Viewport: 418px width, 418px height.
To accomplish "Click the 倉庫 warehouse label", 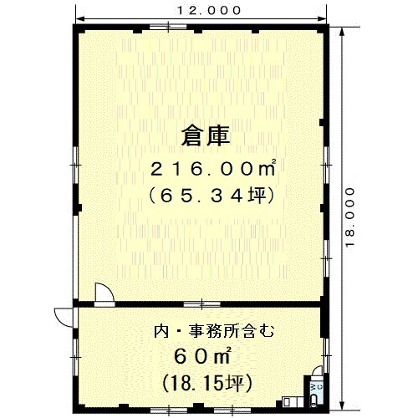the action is click(206, 136).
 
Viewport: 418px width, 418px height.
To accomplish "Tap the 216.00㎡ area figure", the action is click(213, 169).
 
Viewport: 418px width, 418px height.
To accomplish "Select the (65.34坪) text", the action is click(212, 196).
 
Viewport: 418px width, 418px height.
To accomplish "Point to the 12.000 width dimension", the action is click(209, 11).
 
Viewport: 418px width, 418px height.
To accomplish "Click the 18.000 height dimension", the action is click(350, 217).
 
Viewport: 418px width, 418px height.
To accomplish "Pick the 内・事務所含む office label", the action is click(214, 331).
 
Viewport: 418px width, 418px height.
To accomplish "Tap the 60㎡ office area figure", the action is click(202, 356).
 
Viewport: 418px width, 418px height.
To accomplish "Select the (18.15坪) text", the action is click(207, 384).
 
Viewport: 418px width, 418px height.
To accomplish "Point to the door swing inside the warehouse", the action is click(104, 292).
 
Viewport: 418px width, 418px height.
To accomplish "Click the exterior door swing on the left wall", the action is click(64, 317).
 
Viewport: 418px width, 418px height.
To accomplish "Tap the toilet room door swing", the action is click(317, 371).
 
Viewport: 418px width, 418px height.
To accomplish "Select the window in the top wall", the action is click(168, 27).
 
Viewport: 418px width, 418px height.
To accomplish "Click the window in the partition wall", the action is click(202, 304).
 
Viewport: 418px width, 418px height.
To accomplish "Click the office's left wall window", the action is click(75, 357).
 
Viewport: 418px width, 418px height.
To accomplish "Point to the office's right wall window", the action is click(326, 355).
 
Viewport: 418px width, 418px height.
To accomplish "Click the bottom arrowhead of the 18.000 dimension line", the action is click(342, 405).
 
